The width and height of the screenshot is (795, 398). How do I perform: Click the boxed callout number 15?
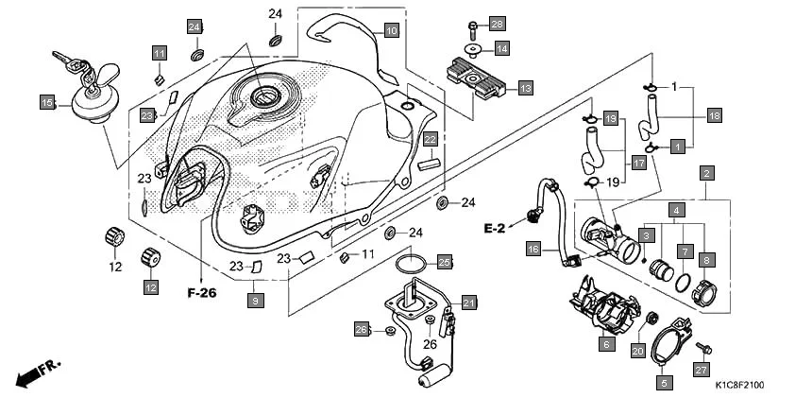pos(47,101)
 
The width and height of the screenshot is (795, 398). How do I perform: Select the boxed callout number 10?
pos(391,30)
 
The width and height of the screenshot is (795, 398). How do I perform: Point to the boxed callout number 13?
pos(525,87)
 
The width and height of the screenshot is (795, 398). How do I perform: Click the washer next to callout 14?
pos(472,47)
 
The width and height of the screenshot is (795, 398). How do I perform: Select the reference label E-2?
pos(497,228)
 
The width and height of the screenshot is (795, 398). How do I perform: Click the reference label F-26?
pos(201,293)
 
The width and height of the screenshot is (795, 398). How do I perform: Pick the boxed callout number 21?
pos(469,303)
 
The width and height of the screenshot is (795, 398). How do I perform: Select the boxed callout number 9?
pos(254,300)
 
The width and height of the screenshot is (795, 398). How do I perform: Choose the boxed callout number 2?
pos(705,173)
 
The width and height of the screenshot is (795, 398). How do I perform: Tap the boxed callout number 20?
pos(637,351)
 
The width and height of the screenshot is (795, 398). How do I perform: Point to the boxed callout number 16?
pos(533,250)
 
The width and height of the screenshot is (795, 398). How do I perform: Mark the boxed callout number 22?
pos(430,139)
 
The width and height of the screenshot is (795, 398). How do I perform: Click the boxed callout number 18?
pos(714,115)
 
